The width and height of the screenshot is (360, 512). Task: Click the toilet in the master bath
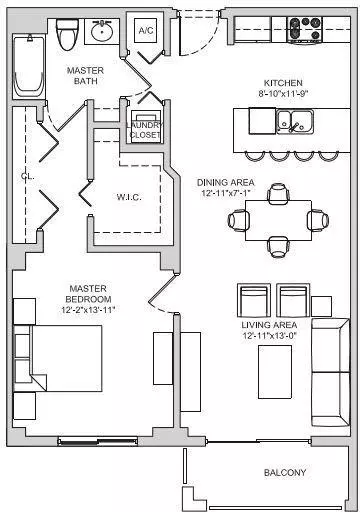[x=67, y=34]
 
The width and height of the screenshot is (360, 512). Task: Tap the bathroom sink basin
[x=101, y=31]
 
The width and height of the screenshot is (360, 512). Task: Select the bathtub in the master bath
[x=29, y=67]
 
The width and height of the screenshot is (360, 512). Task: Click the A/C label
[x=146, y=30]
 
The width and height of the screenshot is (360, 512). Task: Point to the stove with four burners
[x=305, y=30]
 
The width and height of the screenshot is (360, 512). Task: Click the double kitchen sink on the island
[x=295, y=122]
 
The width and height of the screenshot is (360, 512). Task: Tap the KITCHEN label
[x=283, y=83]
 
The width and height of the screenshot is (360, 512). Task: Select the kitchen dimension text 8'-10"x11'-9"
[x=283, y=93]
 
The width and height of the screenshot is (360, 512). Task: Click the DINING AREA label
[x=226, y=182]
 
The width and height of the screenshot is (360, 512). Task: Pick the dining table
[x=278, y=220]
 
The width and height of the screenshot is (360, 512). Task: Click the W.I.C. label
[x=129, y=197]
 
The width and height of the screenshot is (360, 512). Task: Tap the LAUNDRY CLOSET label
[x=145, y=130]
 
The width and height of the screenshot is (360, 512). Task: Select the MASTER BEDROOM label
[x=88, y=294]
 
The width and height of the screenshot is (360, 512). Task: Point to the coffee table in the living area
[x=275, y=372]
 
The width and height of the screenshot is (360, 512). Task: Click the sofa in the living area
[x=331, y=372]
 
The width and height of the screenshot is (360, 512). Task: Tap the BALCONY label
[x=285, y=472]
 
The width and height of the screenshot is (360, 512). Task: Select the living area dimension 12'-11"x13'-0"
[x=269, y=335]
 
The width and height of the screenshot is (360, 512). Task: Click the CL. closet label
[x=27, y=176]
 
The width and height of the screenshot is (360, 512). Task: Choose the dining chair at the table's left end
[x=238, y=220]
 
